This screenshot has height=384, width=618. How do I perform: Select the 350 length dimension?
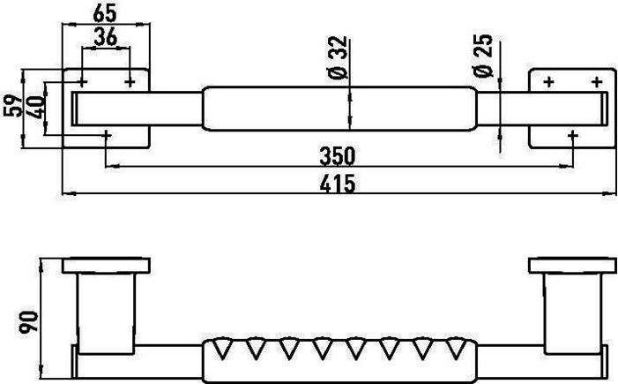[x=337, y=156]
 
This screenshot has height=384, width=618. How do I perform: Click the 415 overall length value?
[x=337, y=184]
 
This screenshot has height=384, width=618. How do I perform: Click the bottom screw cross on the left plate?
[x=107, y=136]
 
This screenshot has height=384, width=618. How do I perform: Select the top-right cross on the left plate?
[x=130, y=82]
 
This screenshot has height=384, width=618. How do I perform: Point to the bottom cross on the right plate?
[x=574, y=136]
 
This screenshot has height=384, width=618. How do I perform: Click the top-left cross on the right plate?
[x=549, y=82]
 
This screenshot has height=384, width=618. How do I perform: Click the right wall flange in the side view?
[x=570, y=266]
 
